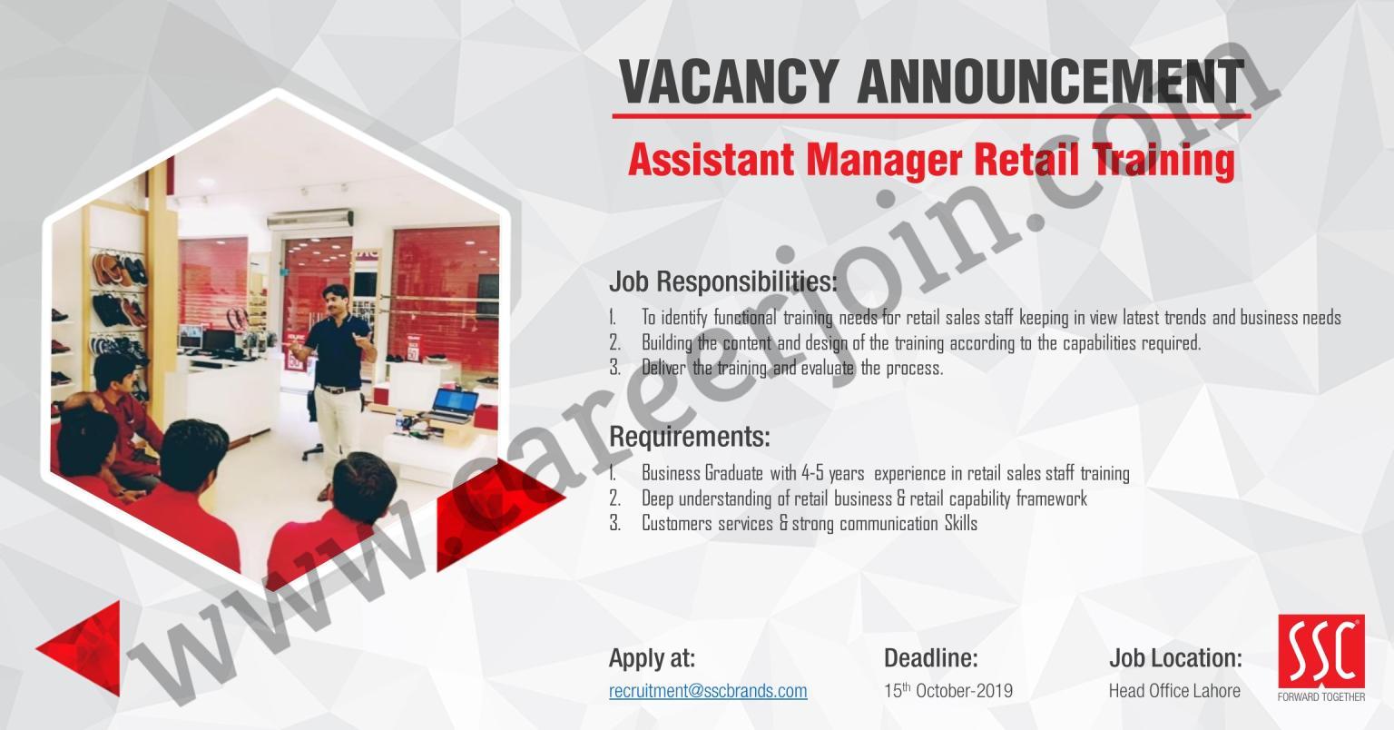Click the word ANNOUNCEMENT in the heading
[x=1050, y=82]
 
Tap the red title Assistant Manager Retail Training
[x=931, y=160]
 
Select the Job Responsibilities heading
[x=723, y=282]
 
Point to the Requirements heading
[x=690, y=437]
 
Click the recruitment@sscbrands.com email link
[x=708, y=691]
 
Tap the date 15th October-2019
[x=948, y=690]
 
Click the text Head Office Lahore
[x=1174, y=691]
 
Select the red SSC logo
[x=1321, y=651]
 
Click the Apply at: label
[x=653, y=658]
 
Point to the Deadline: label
[x=931, y=657]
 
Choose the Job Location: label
[x=1175, y=658]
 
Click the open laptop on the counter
[x=454, y=405]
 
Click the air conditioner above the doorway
[x=310, y=220]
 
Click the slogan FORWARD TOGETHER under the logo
[x=1321, y=696]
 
